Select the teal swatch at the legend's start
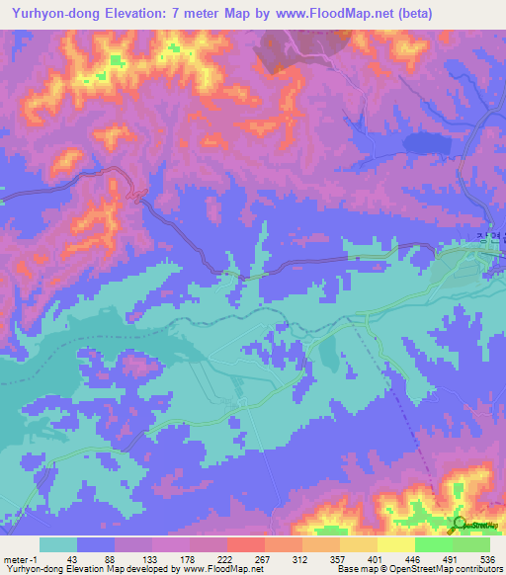point(57,544)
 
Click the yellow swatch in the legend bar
point(396,544)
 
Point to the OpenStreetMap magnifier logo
point(460,524)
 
